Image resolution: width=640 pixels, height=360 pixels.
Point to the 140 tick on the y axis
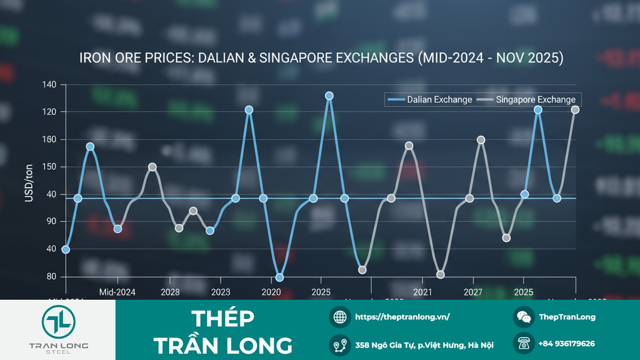pyautogui.click(x=52, y=85)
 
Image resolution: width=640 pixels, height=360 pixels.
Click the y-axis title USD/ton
pyautogui.click(x=29, y=183)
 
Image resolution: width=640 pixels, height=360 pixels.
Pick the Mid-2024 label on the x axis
pyautogui.click(x=117, y=292)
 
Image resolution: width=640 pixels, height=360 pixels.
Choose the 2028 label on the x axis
pyautogui.click(x=170, y=292)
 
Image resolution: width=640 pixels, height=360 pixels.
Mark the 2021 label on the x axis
pyautogui.click(x=422, y=292)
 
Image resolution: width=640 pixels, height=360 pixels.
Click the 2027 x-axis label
pyautogui.click(x=473, y=292)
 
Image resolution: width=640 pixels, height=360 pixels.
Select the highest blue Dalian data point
pyautogui.click(x=329, y=96)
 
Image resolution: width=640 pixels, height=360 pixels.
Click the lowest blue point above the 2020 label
pyautogui.click(x=279, y=277)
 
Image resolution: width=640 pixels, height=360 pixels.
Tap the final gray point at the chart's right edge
pyautogui.click(x=575, y=110)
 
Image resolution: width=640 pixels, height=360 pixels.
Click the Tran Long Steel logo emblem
pyautogui.click(x=59, y=322)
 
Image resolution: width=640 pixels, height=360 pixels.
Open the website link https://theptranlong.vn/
pyautogui.click(x=403, y=317)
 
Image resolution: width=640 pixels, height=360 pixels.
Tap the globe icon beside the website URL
pyautogui.click(x=340, y=317)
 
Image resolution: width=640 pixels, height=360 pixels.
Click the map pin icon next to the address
pyautogui.click(x=340, y=345)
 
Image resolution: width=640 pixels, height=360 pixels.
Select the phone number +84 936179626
pyautogui.click(x=566, y=344)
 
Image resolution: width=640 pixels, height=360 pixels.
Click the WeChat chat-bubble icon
pyautogui.click(x=524, y=317)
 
